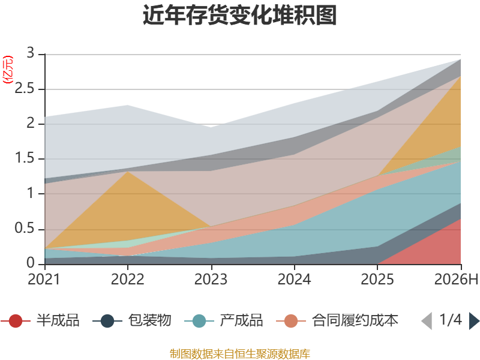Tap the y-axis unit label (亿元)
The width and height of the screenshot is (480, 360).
click(8, 70)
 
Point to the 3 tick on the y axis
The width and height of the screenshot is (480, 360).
click(31, 53)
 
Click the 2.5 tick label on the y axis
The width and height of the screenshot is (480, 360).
click(25, 88)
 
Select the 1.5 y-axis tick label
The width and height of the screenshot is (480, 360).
click(25, 158)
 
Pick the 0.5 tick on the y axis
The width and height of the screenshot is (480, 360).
click(25, 228)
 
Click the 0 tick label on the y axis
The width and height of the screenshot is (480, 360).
click(31, 263)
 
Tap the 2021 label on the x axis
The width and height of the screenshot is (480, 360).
click(44, 280)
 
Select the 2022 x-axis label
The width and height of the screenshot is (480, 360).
click(127, 280)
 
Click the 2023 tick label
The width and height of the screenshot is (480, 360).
click(211, 280)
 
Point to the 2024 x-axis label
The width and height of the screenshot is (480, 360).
click(294, 280)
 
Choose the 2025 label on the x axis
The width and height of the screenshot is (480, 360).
click(377, 280)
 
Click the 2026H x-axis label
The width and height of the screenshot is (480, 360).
click(456, 280)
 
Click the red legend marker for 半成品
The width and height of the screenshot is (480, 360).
click(16, 321)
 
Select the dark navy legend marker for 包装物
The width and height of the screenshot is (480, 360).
click(107, 321)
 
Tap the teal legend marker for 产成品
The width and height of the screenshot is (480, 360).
click(199, 321)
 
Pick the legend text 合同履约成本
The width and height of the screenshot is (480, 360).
click(355, 320)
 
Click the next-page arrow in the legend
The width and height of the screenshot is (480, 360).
click(474, 321)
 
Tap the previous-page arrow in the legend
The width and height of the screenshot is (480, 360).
click(427, 321)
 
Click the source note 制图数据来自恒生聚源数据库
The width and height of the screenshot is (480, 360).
click(240, 354)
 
